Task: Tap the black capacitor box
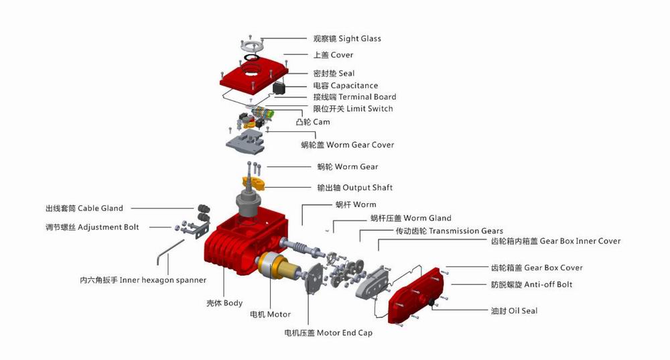[279, 88]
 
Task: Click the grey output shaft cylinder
[248, 204]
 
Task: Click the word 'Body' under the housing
[233, 303]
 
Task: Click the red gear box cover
[416, 294]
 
